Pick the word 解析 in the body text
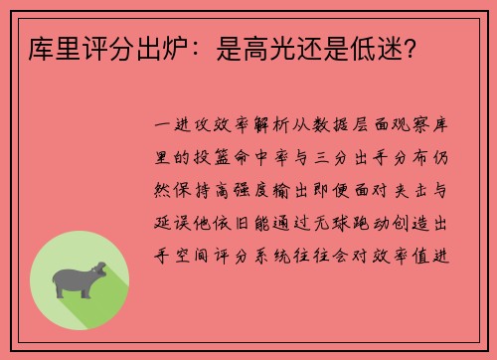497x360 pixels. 269,126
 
